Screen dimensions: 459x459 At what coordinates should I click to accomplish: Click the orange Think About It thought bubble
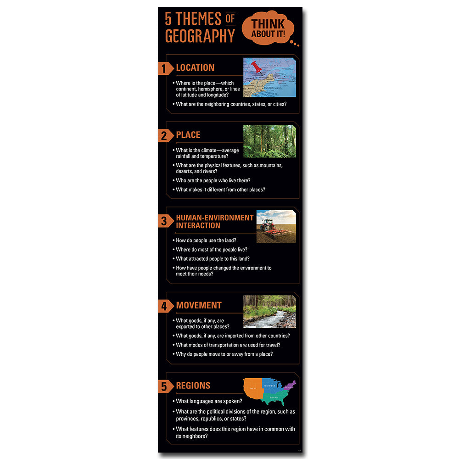267,28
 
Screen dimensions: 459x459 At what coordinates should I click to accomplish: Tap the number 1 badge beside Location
164,69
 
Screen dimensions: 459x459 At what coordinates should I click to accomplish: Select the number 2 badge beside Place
164,136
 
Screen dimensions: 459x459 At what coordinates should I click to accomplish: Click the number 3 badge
164,221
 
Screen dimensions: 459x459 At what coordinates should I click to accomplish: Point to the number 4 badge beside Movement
164,306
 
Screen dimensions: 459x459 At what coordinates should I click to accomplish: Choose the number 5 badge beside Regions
164,386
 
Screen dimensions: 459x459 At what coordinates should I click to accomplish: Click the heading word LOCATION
195,68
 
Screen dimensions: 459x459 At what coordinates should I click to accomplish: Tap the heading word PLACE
188,135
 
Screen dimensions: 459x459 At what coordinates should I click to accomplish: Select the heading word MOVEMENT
199,305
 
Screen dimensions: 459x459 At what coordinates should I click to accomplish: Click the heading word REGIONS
193,386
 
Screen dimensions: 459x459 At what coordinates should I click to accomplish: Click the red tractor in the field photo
267,225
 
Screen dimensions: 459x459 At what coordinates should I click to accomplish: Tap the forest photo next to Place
269,141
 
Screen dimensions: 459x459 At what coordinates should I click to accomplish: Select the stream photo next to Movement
269,311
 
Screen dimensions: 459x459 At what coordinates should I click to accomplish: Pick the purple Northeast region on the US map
289,386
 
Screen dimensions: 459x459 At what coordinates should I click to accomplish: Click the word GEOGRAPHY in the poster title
200,36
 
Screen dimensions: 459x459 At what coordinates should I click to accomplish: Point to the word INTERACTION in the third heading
198,225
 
